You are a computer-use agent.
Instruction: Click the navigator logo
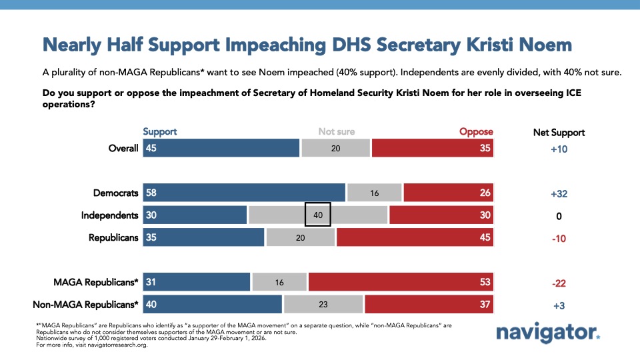tap(548, 333)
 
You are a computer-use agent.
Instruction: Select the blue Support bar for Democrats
tap(244, 193)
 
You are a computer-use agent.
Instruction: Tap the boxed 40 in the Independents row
tap(318, 215)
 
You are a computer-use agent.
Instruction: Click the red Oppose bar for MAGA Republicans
tap(401, 282)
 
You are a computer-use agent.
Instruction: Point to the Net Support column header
tap(559, 132)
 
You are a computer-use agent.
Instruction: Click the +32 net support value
tap(559, 193)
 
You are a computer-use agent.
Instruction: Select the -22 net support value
tap(559, 282)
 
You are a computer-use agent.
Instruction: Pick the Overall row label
tap(123, 148)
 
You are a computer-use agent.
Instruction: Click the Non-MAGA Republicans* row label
tap(86, 305)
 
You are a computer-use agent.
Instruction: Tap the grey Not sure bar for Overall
tap(335, 148)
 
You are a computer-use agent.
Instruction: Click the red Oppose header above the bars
tap(476, 132)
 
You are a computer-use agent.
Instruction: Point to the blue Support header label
tap(160, 132)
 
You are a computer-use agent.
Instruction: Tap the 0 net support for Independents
tap(559, 216)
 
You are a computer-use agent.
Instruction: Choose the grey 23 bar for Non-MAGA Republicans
tap(323, 305)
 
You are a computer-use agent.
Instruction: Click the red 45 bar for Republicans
tap(415, 238)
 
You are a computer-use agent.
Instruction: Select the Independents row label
tap(109, 215)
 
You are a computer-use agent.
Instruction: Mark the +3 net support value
tap(559, 305)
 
